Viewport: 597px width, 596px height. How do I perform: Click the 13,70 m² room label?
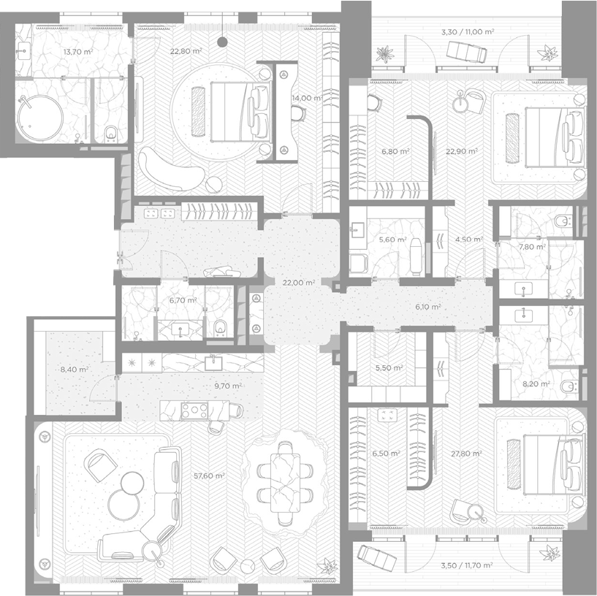coord(78,52)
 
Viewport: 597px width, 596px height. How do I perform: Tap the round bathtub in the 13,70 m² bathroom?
coord(40,119)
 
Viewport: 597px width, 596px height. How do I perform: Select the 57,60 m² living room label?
coord(209,475)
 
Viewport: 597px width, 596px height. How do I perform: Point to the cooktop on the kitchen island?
coord(194,410)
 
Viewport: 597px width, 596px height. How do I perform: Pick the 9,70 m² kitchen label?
coord(228,386)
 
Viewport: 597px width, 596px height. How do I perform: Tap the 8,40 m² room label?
coord(75,369)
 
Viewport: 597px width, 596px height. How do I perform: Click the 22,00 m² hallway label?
coord(299,283)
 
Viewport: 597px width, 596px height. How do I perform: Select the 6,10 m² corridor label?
coord(428,307)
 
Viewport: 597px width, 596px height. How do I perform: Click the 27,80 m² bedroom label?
coord(466,454)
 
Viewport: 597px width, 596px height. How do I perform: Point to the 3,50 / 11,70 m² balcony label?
coord(467,565)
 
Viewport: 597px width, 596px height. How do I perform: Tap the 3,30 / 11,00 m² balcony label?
coord(468,32)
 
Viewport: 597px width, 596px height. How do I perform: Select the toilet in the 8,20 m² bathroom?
coord(569,386)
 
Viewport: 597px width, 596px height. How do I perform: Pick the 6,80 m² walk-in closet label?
coord(395,151)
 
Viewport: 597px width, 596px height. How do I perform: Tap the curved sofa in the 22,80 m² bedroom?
coord(170,169)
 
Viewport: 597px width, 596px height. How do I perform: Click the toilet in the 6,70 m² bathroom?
coord(220,328)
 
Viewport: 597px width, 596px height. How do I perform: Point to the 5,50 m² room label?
coord(389,368)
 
